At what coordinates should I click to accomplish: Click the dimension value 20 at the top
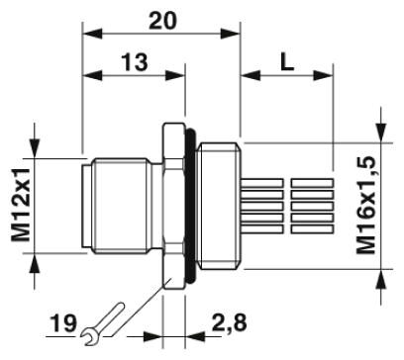pos(162,21)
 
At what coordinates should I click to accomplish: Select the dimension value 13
pos(135,62)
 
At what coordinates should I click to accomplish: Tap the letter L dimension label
pos(287,62)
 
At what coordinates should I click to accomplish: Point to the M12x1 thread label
pos(22,205)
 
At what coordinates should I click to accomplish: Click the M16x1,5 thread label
pos(365,206)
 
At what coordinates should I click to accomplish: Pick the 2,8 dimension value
pos(229,322)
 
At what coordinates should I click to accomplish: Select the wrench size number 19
pos(63,323)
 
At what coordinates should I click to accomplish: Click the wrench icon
pos(103,323)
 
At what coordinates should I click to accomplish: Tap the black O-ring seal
pos(191,206)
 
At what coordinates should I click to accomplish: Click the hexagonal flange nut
pos(173,206)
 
